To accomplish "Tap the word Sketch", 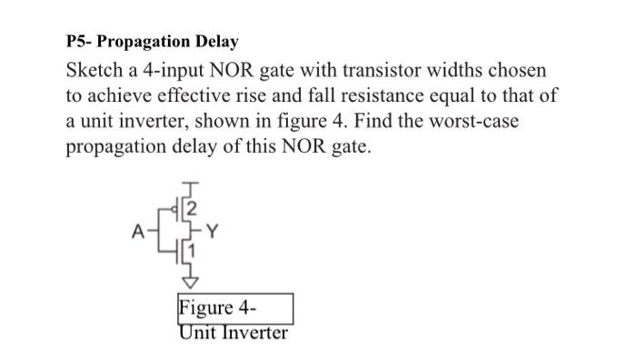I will click(x=94, y=71).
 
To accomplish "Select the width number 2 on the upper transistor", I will click(x=192, y=213).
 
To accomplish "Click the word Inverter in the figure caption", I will click(x=253, y=333).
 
